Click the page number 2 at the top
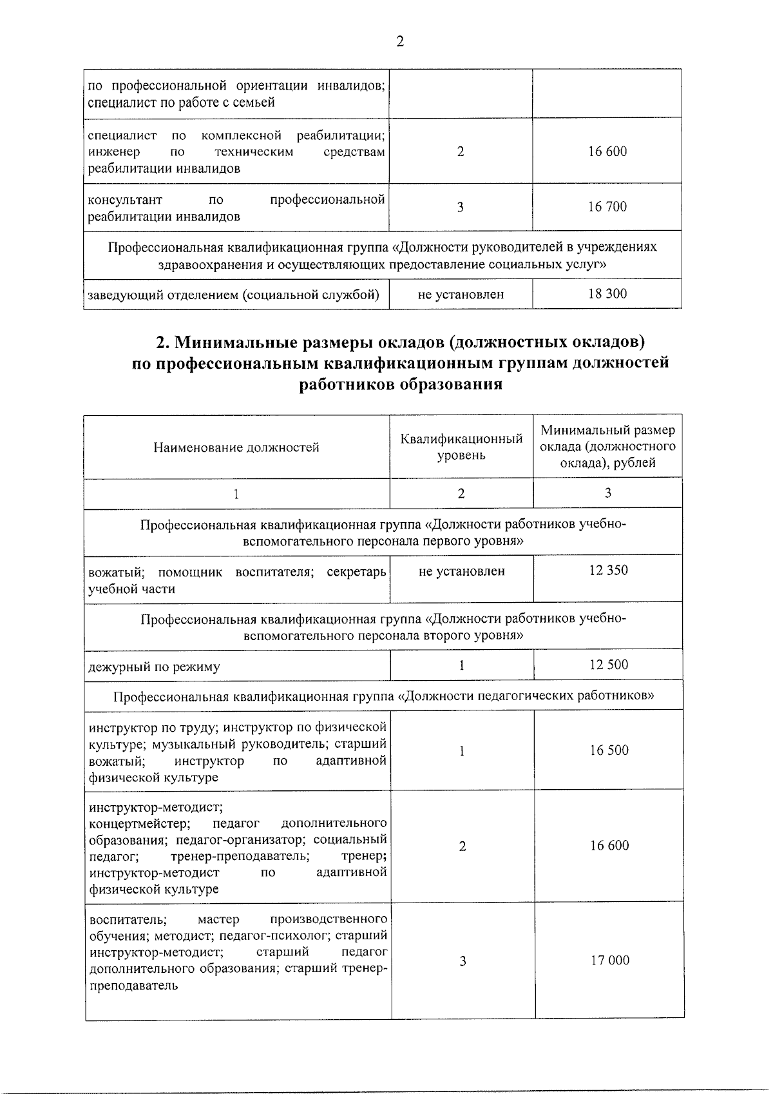pos(399,42)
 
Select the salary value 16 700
pos(607,207)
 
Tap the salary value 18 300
pos(607,294)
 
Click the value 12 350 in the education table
pos(608,571)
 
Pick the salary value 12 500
pos(609,665)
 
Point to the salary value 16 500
pos(609,750)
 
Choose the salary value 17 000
pos(609,961)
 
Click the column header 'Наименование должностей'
pos(236,447)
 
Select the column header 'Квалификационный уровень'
pos(461,447)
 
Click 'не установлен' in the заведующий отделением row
pos(461,295)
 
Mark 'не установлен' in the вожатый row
pos(461,571)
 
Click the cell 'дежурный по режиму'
pos(154,667)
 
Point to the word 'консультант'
pos(125,200)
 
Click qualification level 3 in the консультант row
pos(460,207)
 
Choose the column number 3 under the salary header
pos(607,493)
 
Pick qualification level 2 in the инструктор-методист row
pos(462,846)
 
